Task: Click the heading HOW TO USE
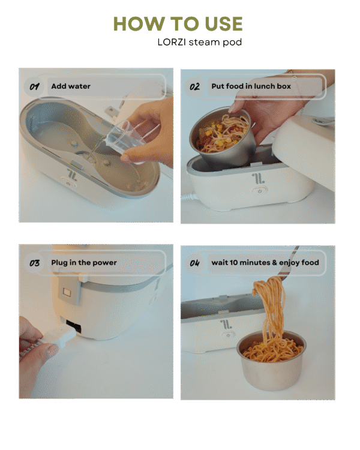178,23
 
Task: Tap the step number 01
34,86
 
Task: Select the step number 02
194,86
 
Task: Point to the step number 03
34,263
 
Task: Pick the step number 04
194,263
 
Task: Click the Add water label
71,86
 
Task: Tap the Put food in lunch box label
251,86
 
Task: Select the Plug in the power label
84,263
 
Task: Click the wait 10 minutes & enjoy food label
265,263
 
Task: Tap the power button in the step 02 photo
260,191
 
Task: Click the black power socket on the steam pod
73,327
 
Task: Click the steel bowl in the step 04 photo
271,360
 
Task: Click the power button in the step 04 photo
228,335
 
